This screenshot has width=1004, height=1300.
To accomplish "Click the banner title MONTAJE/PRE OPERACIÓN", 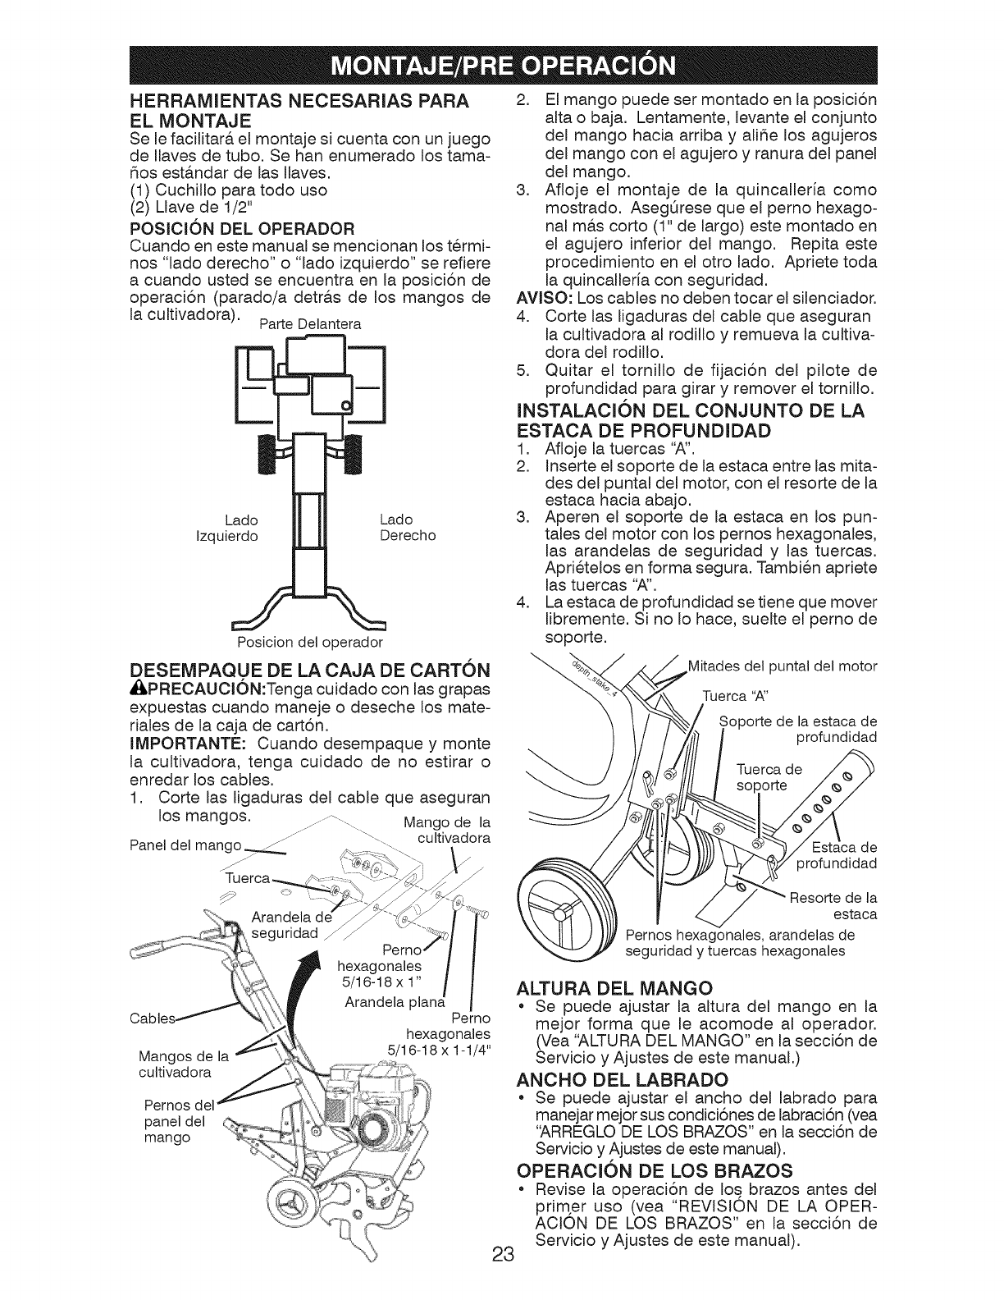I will [x=502, y=62].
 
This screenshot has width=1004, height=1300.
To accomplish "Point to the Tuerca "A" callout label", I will [x=736, y=697].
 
